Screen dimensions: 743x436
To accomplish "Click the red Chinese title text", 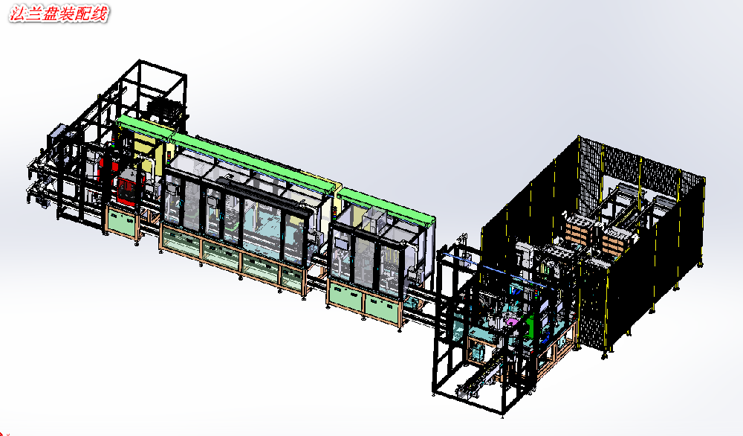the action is (59, 13).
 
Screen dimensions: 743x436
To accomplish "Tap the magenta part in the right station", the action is (511, 321).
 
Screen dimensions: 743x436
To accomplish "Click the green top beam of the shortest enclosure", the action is (386, 204).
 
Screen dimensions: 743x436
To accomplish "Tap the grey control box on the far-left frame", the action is (57, 133).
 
